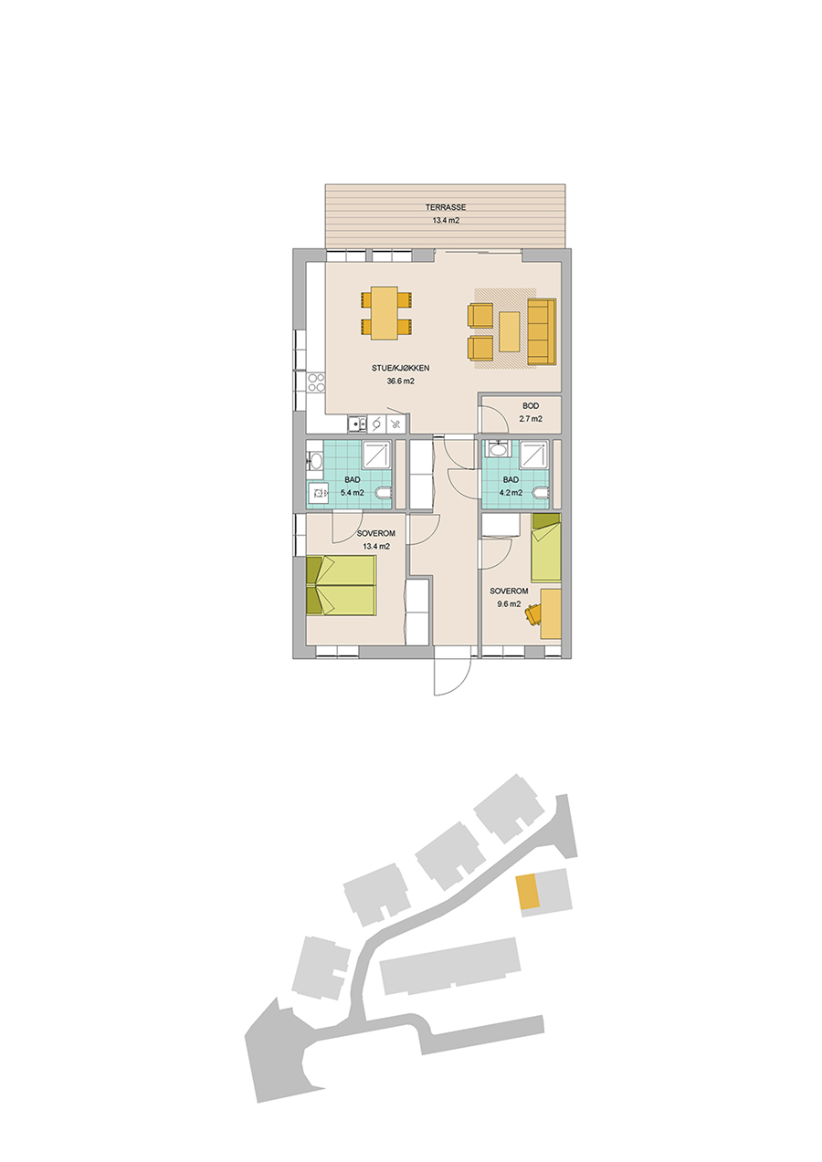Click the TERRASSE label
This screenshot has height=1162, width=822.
point(446,207)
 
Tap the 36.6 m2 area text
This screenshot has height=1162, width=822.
point(400,381)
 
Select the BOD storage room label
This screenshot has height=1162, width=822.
point(531,406)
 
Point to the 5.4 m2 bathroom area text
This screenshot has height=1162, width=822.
point(352,493)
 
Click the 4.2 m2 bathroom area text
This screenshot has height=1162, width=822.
point(511,493)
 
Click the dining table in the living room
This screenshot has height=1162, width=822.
point(385,313)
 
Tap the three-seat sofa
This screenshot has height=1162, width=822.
point(542,331)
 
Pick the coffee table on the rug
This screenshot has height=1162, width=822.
point(509,331)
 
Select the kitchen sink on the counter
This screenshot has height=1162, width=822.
point(355,424)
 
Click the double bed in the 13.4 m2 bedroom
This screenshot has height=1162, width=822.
point(341,585)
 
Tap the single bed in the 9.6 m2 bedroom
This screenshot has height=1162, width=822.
point(546,548)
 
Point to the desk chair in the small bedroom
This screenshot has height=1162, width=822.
point(533,614)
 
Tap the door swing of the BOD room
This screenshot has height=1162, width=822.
point(492,418)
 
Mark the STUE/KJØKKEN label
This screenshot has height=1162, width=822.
point(401,368)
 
